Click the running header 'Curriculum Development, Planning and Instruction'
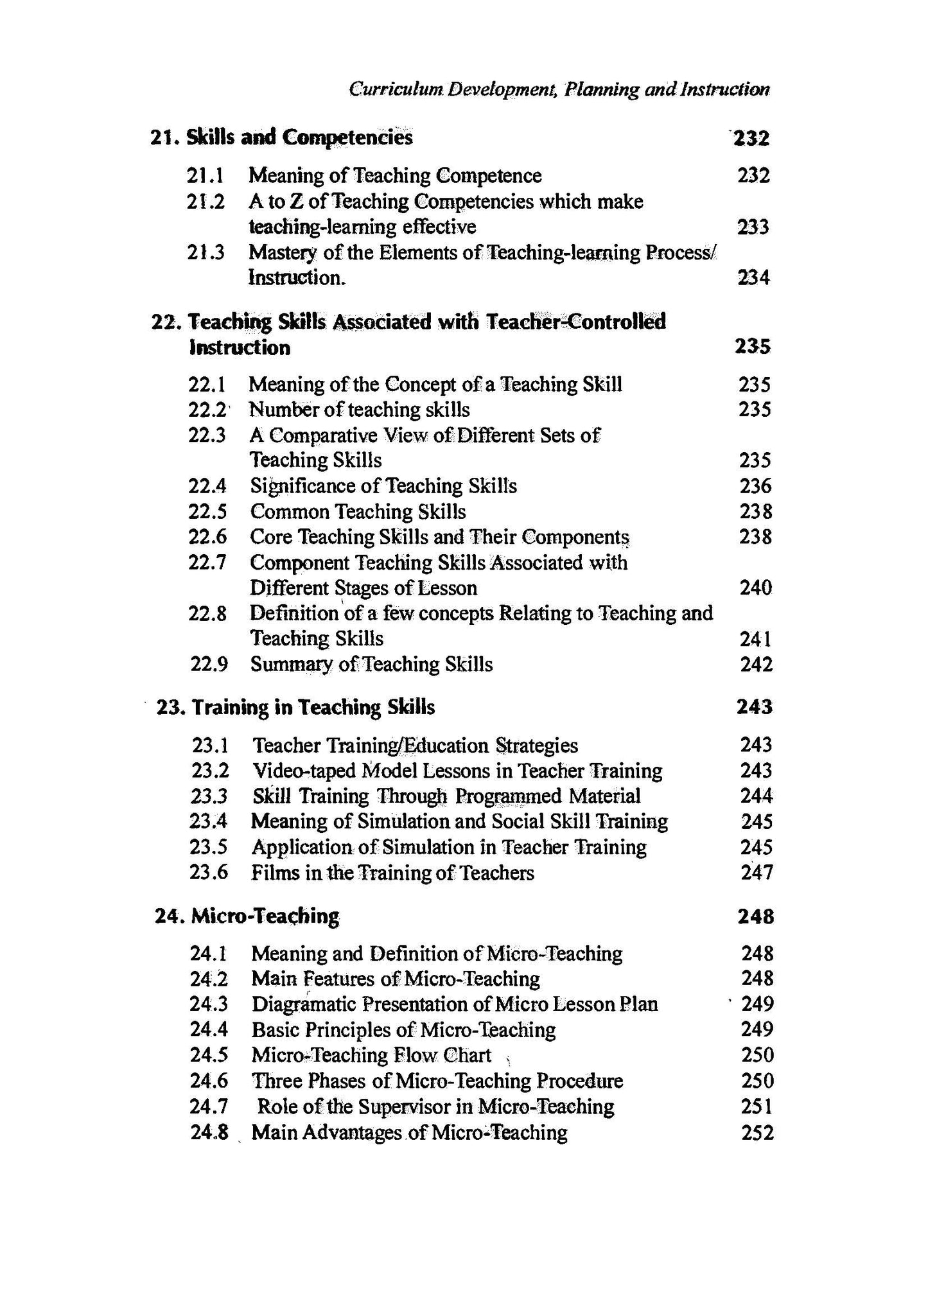(559, 89)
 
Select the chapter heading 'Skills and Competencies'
(299, 137)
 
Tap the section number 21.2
(206, 202)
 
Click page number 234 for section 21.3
(753, 278)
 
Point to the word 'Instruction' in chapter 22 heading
(240, 347)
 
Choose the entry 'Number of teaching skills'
(359, 410)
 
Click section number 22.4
(207, 486)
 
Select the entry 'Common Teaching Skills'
(358, 512)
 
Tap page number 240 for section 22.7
(755, 588)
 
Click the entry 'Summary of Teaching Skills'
(371, 664)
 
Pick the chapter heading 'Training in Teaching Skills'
(313, 707)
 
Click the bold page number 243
(755, 707)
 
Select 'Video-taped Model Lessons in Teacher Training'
(457, 771)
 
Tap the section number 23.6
(209, 873)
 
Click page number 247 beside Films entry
(756, 873)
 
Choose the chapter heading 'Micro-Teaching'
(265, 916)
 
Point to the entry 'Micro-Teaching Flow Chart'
(371, 1055)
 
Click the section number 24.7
(209, 1106)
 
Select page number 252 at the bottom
(757, 1132)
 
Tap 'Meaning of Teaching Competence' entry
(395, 175)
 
